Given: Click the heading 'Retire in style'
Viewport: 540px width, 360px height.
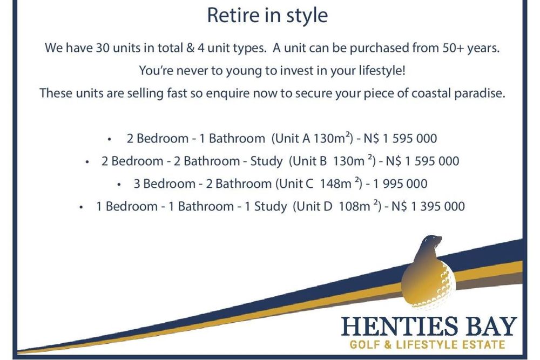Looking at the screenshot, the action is (x=267, y=16).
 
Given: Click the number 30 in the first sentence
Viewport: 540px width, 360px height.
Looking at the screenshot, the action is (x=103, y=47).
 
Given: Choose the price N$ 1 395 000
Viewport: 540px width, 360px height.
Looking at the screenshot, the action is (x=428, y=207).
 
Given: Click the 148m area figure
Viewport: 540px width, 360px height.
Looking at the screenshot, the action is (x=339, y=184).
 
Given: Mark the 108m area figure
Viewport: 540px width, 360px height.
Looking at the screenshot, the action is (x=358, y=206).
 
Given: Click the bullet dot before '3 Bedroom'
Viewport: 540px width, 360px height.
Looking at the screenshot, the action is (x=119, y=185).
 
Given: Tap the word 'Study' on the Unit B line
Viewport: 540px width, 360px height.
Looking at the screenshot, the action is (x=266, y=161).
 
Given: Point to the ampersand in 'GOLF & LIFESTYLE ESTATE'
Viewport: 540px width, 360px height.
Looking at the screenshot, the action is (x=388, y=344).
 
